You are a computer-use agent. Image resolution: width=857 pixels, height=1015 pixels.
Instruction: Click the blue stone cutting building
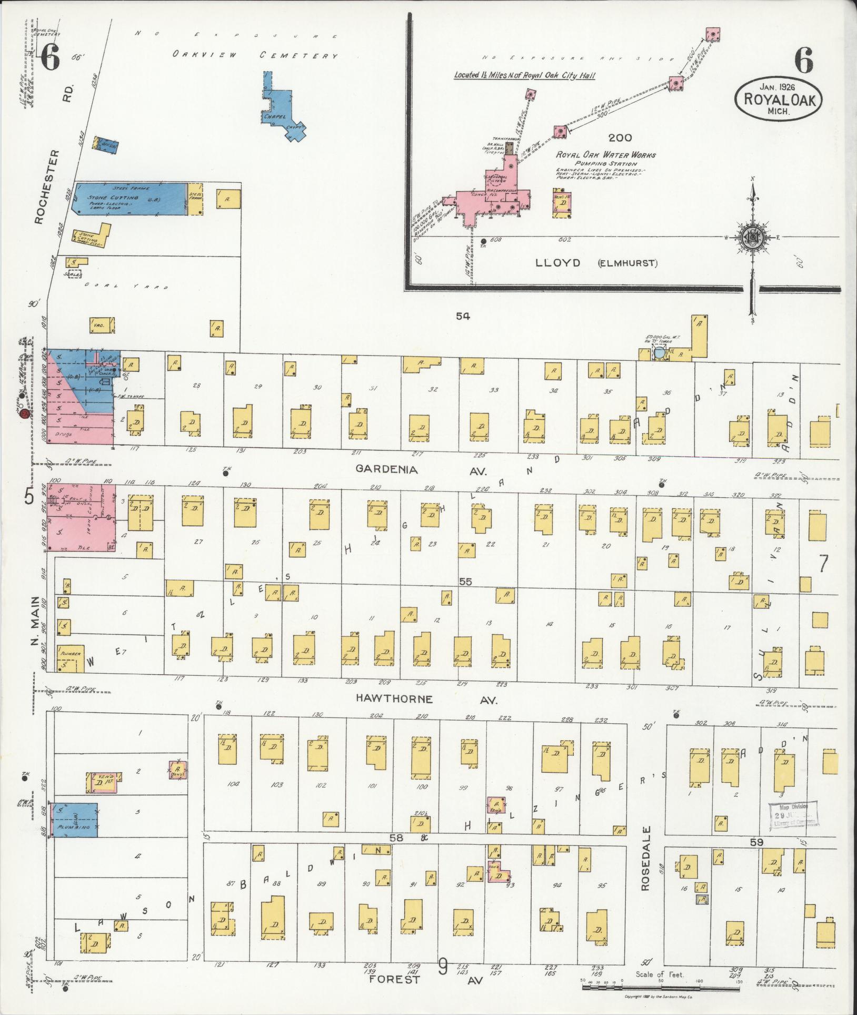pos(129,199)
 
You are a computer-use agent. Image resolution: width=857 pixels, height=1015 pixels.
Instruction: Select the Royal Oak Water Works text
pos(606,155)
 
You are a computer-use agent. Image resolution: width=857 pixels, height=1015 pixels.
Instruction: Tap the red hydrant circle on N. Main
pos(24,416)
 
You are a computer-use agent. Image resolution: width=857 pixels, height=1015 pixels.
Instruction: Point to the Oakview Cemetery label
pos(255,55)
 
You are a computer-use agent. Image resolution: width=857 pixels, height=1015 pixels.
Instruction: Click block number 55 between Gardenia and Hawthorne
pos(465,582)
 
